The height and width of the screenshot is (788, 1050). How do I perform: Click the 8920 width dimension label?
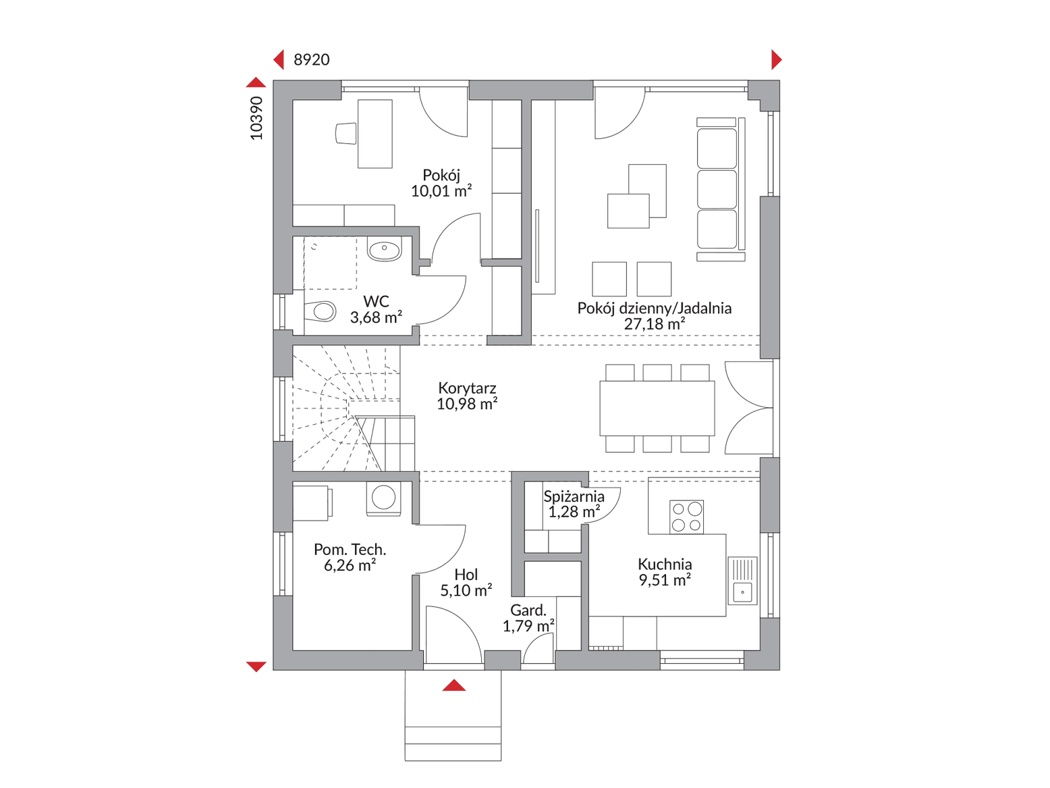[311, 60]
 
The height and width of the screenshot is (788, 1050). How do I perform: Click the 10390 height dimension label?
[256, 118]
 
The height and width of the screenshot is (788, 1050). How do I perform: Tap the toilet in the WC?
[320, 311]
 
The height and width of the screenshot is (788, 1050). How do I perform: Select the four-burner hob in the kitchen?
[686, 517]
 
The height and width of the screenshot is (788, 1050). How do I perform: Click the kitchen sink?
[742, 580]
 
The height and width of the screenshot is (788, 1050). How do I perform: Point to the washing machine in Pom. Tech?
[384, 498]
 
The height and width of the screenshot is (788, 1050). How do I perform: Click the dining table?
[657, 408]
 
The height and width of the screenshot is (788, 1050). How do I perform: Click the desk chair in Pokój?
[346, 134]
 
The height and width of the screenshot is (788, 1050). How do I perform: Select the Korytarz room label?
[467, 388]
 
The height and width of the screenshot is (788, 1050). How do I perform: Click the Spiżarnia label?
[574, 496]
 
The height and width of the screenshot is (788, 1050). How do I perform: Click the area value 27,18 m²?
[655, 324]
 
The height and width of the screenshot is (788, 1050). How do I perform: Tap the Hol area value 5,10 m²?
[466, 590]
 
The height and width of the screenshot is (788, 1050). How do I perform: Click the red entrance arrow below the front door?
[454, 685]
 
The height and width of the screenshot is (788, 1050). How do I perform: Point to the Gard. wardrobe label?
[528, 610]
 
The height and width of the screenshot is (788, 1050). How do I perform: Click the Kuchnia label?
[665, 564]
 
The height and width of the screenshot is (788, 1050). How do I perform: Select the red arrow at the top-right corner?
[777, 60]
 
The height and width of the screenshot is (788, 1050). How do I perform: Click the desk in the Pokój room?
[375, 134]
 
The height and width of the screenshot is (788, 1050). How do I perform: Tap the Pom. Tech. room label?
[350, 549]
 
